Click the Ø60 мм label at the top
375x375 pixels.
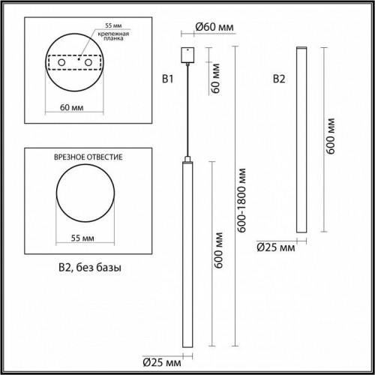(x=213, y=28)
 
